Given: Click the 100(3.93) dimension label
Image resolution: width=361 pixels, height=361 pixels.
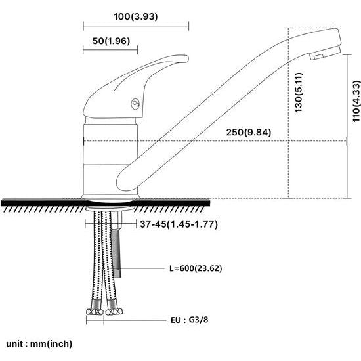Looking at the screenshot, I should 136,15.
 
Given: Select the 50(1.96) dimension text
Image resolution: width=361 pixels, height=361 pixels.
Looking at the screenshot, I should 110,41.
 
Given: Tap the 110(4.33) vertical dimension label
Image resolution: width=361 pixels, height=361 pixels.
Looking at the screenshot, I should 355,101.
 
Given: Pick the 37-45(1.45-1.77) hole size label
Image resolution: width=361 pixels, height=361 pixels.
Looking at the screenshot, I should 179,224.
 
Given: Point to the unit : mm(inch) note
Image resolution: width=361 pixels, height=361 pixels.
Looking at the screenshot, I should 39,343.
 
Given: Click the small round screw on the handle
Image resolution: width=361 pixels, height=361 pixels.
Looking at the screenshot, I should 136,103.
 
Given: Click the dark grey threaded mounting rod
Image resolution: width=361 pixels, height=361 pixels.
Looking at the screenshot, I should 117,249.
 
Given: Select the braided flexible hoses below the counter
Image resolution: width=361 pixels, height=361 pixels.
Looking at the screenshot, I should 103,263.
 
